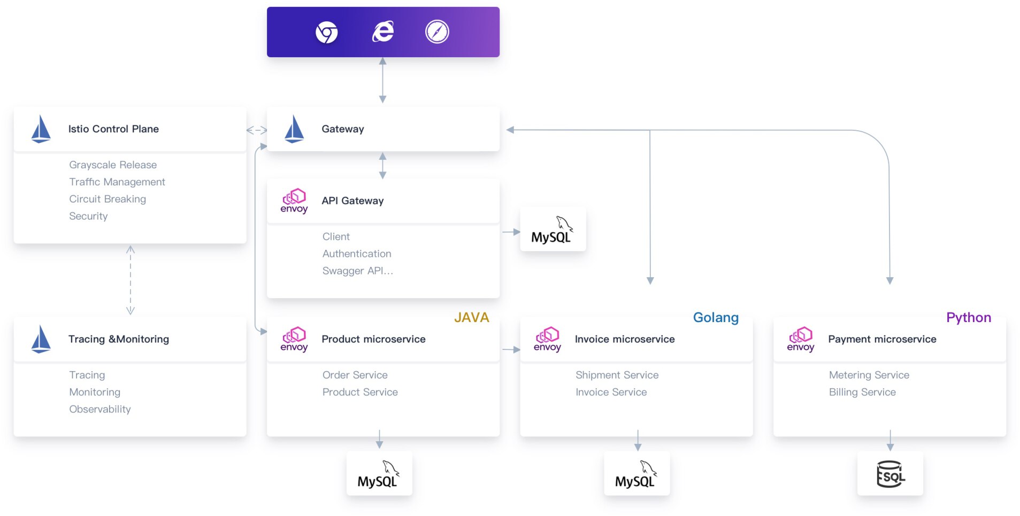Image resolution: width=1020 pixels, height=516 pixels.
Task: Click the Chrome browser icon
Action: tap(326, 32)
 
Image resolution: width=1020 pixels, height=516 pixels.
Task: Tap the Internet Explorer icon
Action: tap(383, 32)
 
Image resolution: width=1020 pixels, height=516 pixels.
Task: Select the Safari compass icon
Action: tap(437, 32)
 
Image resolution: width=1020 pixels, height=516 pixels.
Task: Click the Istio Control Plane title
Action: tap(113, 129)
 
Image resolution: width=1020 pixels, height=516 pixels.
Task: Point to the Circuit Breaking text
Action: tap(108, 199)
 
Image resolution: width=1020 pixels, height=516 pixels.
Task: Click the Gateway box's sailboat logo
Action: tap(294, 129)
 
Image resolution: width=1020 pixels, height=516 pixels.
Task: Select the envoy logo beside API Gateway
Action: tap(294, 201)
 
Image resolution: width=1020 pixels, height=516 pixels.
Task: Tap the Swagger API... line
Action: tap(357, 271)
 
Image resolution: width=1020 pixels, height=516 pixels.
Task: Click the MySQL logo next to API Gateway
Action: tap(553, 230)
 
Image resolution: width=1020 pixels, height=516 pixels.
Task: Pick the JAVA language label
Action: tap(471, 318)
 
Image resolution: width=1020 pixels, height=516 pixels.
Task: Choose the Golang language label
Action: tap(716, 318)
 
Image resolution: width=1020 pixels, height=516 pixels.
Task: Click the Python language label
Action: tap(968, 318)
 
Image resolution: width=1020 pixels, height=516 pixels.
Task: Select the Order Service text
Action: tap(355, 376)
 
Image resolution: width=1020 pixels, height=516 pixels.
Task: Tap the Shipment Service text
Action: tap(617, 376)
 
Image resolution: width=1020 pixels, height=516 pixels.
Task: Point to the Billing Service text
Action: tap(862, 393)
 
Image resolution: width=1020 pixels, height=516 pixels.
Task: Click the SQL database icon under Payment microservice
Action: tap(890, 474)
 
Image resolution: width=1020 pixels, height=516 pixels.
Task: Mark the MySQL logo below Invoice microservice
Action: tap(636, 474)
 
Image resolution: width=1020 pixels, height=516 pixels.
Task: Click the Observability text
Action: tap(100, 410)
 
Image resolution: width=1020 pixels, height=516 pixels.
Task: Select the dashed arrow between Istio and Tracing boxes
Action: tap(131, 280)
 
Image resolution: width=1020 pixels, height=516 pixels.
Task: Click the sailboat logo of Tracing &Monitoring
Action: tap(41, 340)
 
